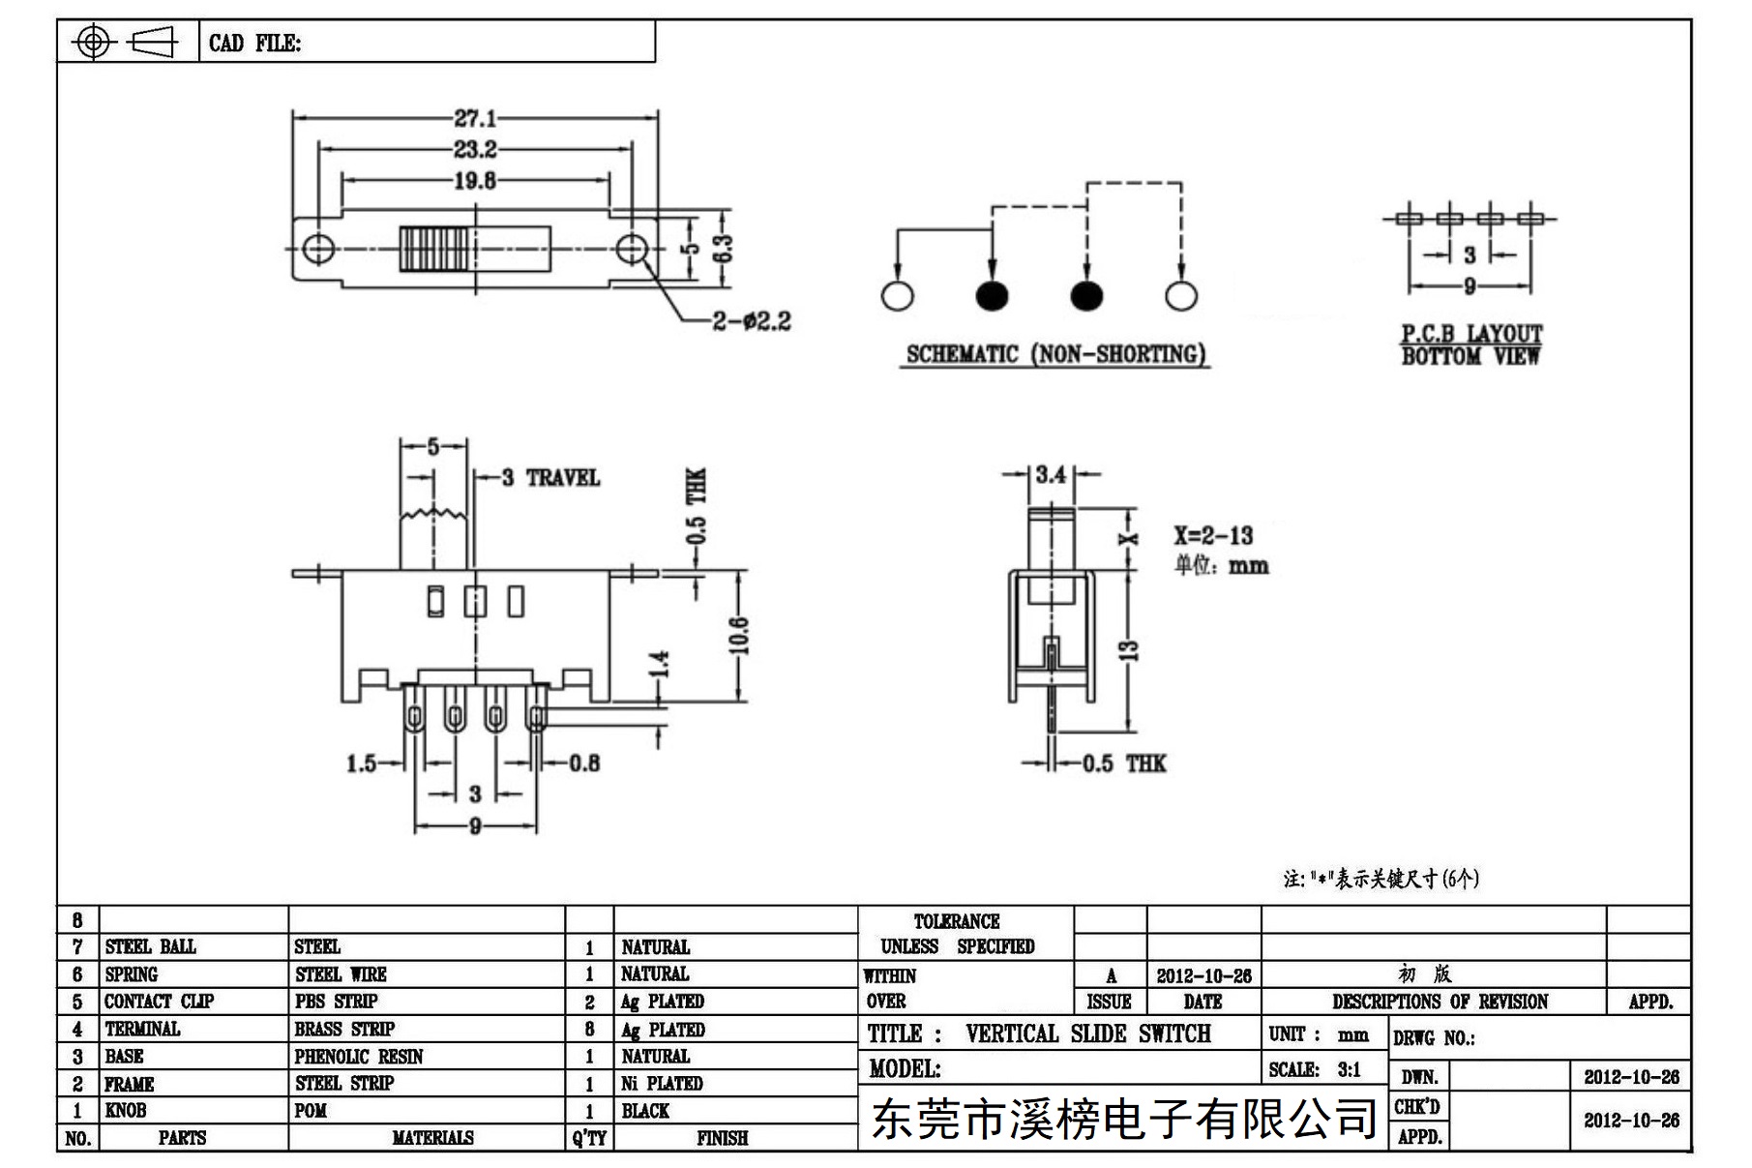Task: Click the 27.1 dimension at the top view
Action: tap(475, 118)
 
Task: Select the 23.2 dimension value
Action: tap(475, 149)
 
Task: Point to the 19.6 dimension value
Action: tap(475, 180)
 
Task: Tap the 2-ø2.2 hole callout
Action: tap(752, 320)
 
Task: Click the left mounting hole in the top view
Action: tap(318, 248)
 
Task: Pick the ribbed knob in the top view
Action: tap(434, 249)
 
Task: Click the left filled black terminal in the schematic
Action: tap(992, 296)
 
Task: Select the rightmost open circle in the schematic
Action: tap(1181, 296)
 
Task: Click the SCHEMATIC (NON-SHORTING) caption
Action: tap(1055, 354)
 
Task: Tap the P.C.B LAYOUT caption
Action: tap(1471, 333)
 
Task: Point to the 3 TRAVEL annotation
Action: tap(550, 477)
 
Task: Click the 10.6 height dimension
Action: tap(740, 635)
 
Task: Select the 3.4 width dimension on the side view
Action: tap(1051, 474)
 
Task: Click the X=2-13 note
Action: tap(1213, 535)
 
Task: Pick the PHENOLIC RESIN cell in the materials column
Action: tap(359, 1056)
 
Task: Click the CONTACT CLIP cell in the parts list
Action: tap(160, 1002)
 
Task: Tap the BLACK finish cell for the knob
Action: tap(645, 1111)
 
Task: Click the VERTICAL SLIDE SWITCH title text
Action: tap(1088, 1033)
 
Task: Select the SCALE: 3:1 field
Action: tap(1315, 1069)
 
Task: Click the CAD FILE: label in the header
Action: tap(255, 43)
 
